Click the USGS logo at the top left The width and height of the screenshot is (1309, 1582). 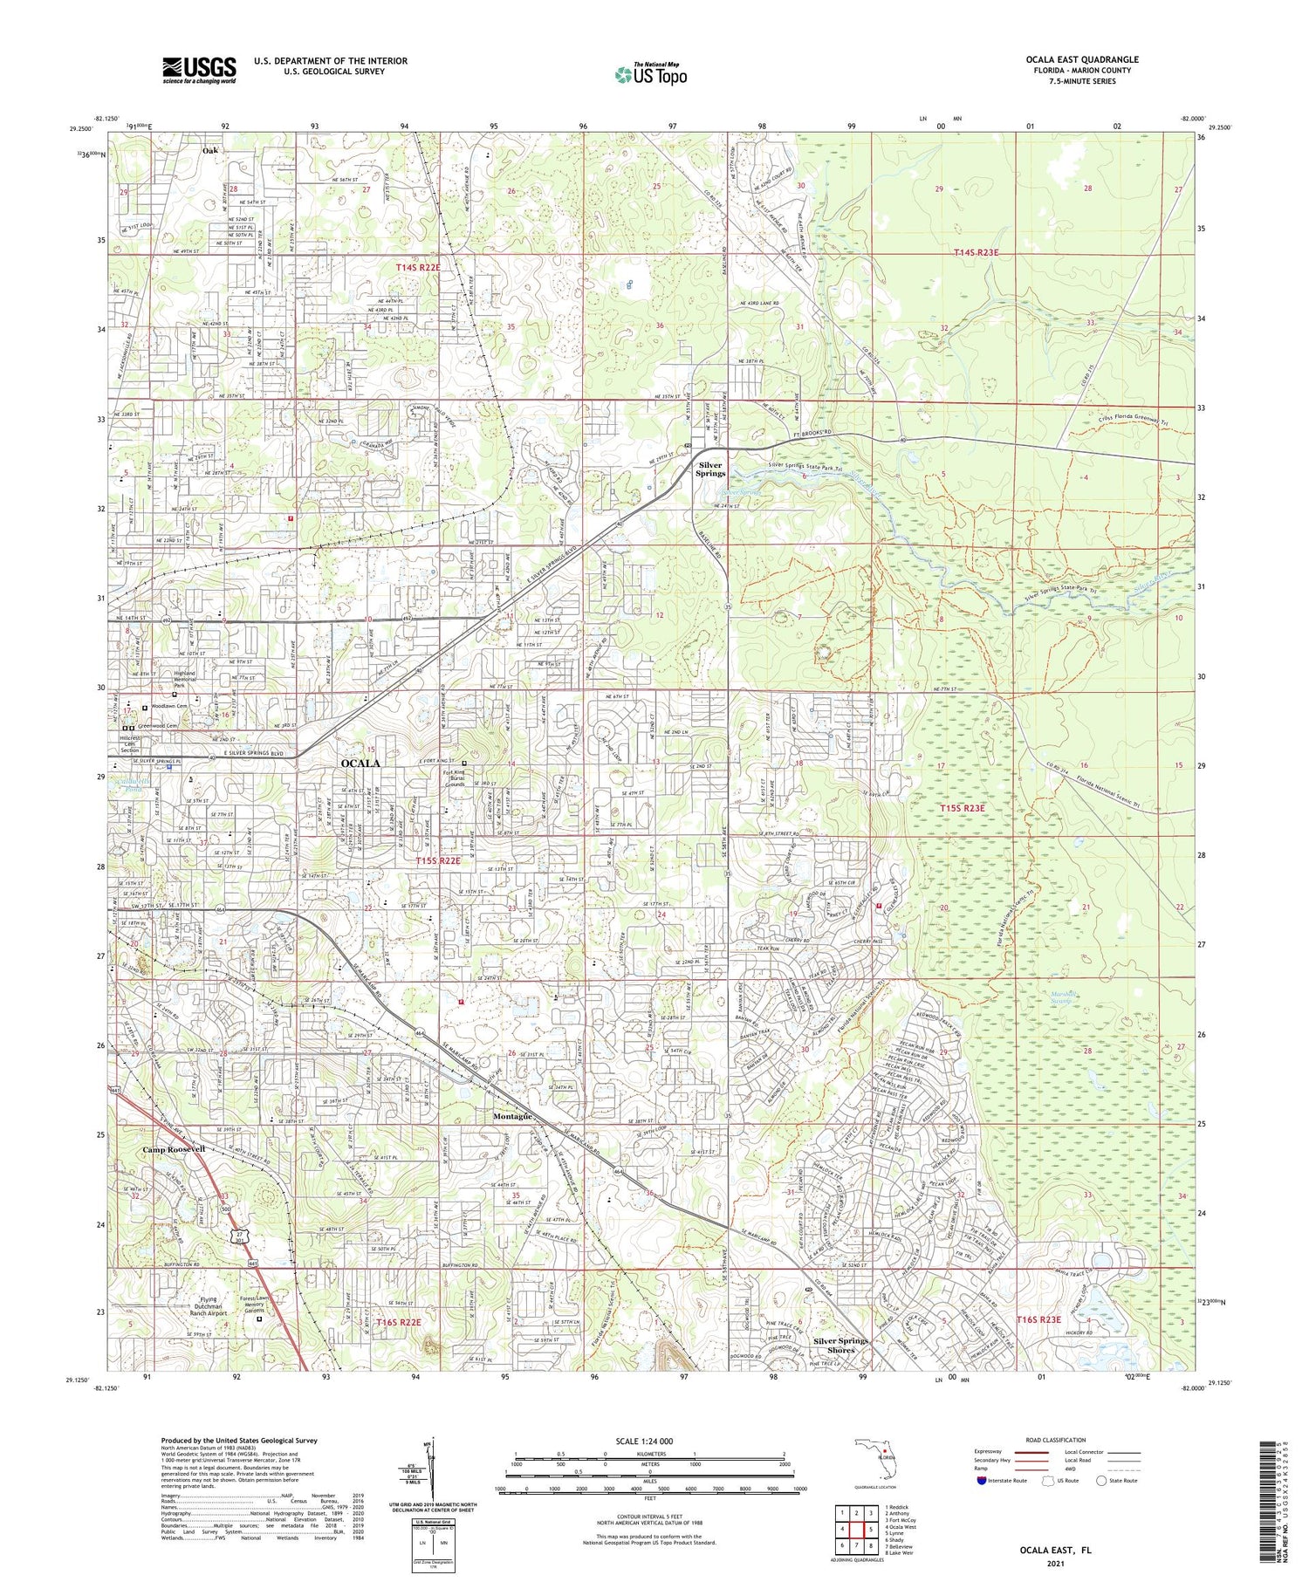click(199, 70)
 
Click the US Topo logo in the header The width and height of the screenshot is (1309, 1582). click(650, 75)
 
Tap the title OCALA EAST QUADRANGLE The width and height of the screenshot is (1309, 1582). click(1082, 60)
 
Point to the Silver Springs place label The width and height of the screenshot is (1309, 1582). click(711, 469)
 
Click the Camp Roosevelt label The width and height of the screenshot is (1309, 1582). click(175, 1149)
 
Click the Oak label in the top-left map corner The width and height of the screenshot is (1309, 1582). click(210, 151)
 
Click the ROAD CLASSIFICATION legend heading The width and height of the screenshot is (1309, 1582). click(1057, 1441)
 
